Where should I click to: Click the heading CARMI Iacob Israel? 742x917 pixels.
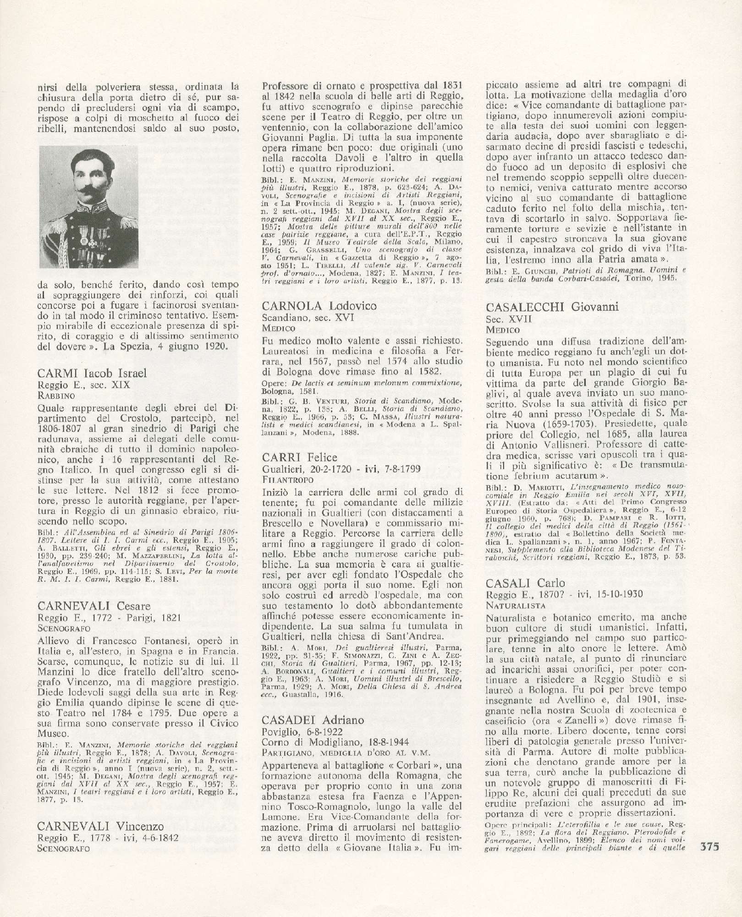[x=92, y=373]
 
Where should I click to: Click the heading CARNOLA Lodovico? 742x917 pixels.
[x=319, y=306]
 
